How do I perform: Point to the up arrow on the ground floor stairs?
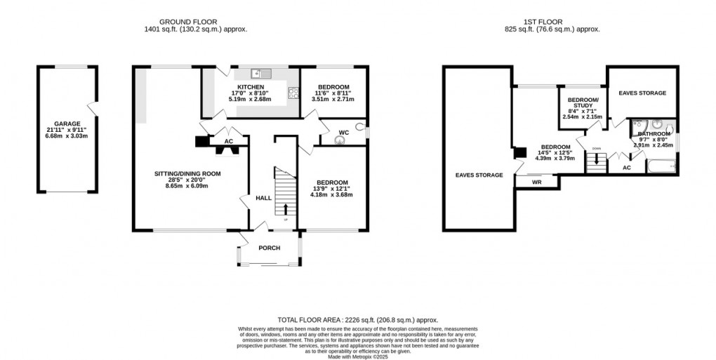(285, 208)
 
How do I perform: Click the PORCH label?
(270, 248)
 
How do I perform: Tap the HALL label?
(263, 199)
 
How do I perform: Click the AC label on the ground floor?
(228, 141)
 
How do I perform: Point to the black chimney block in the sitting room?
(201, 142)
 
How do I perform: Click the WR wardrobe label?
(537, 182)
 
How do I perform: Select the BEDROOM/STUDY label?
(583, 103)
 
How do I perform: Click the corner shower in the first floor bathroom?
(639, 133)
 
